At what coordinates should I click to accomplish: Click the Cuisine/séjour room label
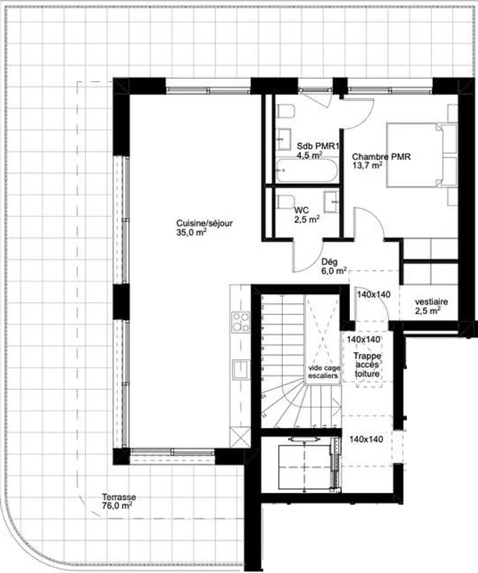pos(204,228)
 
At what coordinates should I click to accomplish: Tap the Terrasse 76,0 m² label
pos(119,501)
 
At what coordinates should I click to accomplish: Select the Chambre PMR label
pos(381,161)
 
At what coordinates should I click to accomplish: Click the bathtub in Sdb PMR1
pos(306,171)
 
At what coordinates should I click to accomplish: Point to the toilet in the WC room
pos(285,202)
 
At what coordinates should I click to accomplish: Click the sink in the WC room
pos(331,202)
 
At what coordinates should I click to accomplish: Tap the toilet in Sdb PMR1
pos(286,111)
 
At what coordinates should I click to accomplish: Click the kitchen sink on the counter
pos(241,369)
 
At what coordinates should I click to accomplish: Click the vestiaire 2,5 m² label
pos(431,306)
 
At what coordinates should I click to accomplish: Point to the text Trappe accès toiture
pos(367,365)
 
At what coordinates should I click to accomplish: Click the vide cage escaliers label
pos(323,372)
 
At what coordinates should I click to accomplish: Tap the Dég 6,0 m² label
pos(333,266)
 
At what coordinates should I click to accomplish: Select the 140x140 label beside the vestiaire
pos(373,295)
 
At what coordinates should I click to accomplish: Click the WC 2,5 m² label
pos(306,215)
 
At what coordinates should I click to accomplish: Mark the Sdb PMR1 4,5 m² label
pos(317,150)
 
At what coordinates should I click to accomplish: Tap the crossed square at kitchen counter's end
pos(240,437)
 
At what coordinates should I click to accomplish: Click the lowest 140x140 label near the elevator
pos(366,439)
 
